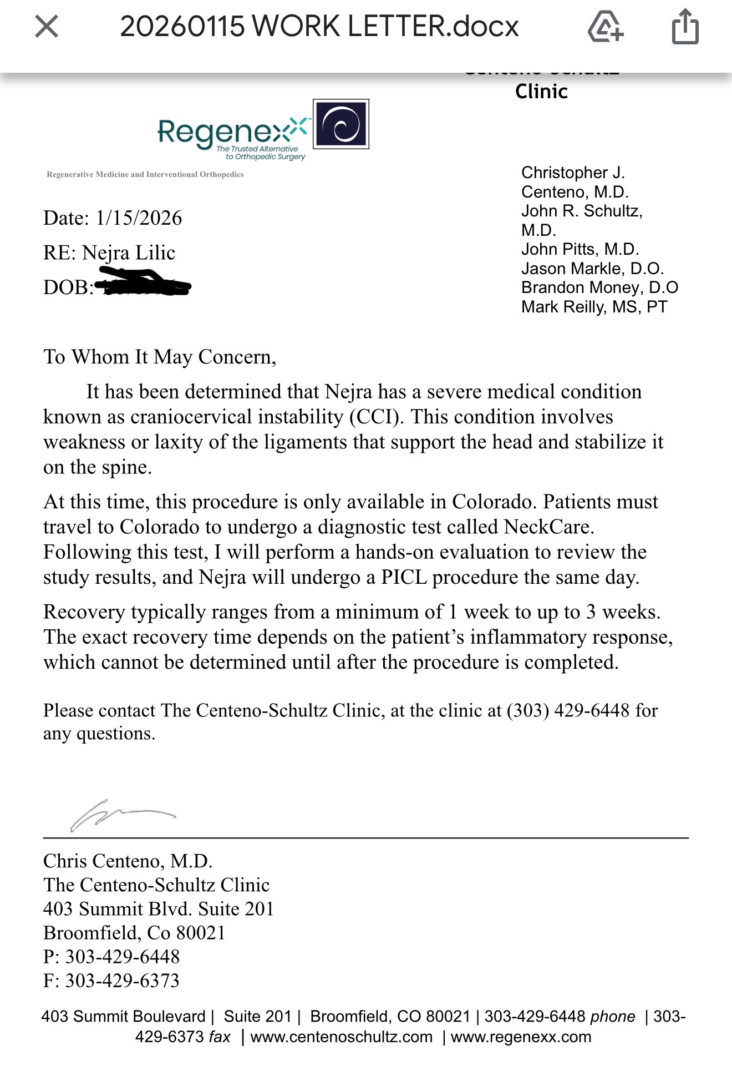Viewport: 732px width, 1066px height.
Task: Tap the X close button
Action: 47,26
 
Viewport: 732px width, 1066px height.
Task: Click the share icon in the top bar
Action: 685,27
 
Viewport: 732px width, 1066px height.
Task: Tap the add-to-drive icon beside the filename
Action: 605,27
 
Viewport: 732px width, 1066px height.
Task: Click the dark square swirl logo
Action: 340,124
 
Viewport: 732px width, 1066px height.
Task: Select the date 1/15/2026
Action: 139,218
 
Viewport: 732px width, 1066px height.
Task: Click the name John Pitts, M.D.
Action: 579,249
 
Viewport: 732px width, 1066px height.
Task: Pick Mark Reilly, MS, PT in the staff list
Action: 594,307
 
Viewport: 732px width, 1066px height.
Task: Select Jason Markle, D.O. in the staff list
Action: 592,269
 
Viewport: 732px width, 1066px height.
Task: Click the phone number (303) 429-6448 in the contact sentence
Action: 568,710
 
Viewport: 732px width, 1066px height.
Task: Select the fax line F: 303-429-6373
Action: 111,981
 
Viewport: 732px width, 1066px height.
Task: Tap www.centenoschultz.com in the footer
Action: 341,1037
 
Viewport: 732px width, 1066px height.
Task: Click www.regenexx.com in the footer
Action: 521,1037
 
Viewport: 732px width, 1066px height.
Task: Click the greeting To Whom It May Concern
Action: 160,357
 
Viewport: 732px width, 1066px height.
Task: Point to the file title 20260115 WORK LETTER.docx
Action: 319,26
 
